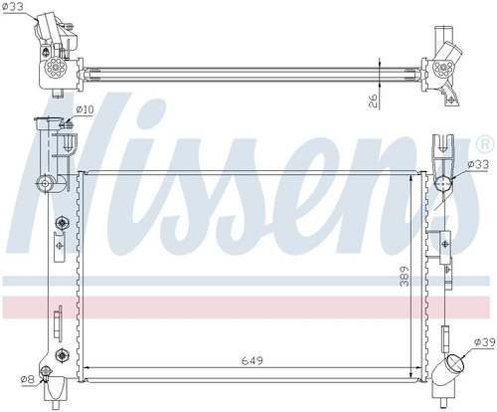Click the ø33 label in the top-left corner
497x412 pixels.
13,7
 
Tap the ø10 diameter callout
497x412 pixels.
84,109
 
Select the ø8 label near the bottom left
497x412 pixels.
27,379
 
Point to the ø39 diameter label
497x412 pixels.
484,342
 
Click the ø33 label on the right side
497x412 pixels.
478,164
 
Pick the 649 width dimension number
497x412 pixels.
251,360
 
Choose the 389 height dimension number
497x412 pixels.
405,276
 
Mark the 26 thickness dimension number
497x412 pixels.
374,101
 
